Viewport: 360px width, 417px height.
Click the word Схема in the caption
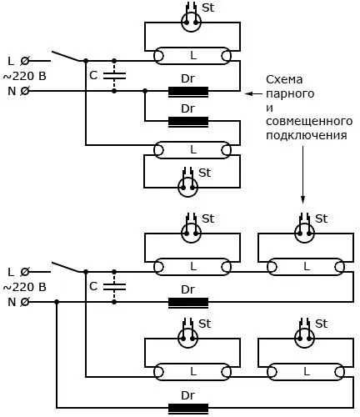[x=284, y=80]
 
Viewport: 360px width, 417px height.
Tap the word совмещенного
[x=309, y=121]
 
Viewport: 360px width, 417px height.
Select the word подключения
[x=307, y=135]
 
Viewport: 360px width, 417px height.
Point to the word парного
[x=290, y=94]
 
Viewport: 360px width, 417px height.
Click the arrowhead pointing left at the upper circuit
[x=248, y=93]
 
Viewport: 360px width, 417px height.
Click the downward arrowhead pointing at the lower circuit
[x=302, y=199]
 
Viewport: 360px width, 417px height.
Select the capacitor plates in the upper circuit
[x=114, y=76]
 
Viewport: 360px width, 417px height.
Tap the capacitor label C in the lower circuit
[x=93, y=286]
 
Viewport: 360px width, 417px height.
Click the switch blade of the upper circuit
[x=66, y=56]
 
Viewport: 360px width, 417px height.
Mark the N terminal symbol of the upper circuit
[x=25, y=91]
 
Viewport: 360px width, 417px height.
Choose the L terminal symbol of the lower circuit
[x=25, y=272]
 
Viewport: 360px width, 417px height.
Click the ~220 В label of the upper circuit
[x=24, y=76]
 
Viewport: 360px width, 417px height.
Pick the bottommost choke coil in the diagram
[x=188, y=409]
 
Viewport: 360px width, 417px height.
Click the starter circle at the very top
[x=191, y=22]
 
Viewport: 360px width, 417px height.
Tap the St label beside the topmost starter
[x=207, y=8]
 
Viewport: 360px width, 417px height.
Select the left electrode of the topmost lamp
[x=158, y=56]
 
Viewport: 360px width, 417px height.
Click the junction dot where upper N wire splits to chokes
[x=145, y=91]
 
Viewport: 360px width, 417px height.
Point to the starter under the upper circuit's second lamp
[x=187, y=187]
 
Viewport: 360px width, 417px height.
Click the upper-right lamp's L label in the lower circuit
[x=307, y=267]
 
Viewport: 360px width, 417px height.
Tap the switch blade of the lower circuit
[x=66, y=267]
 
